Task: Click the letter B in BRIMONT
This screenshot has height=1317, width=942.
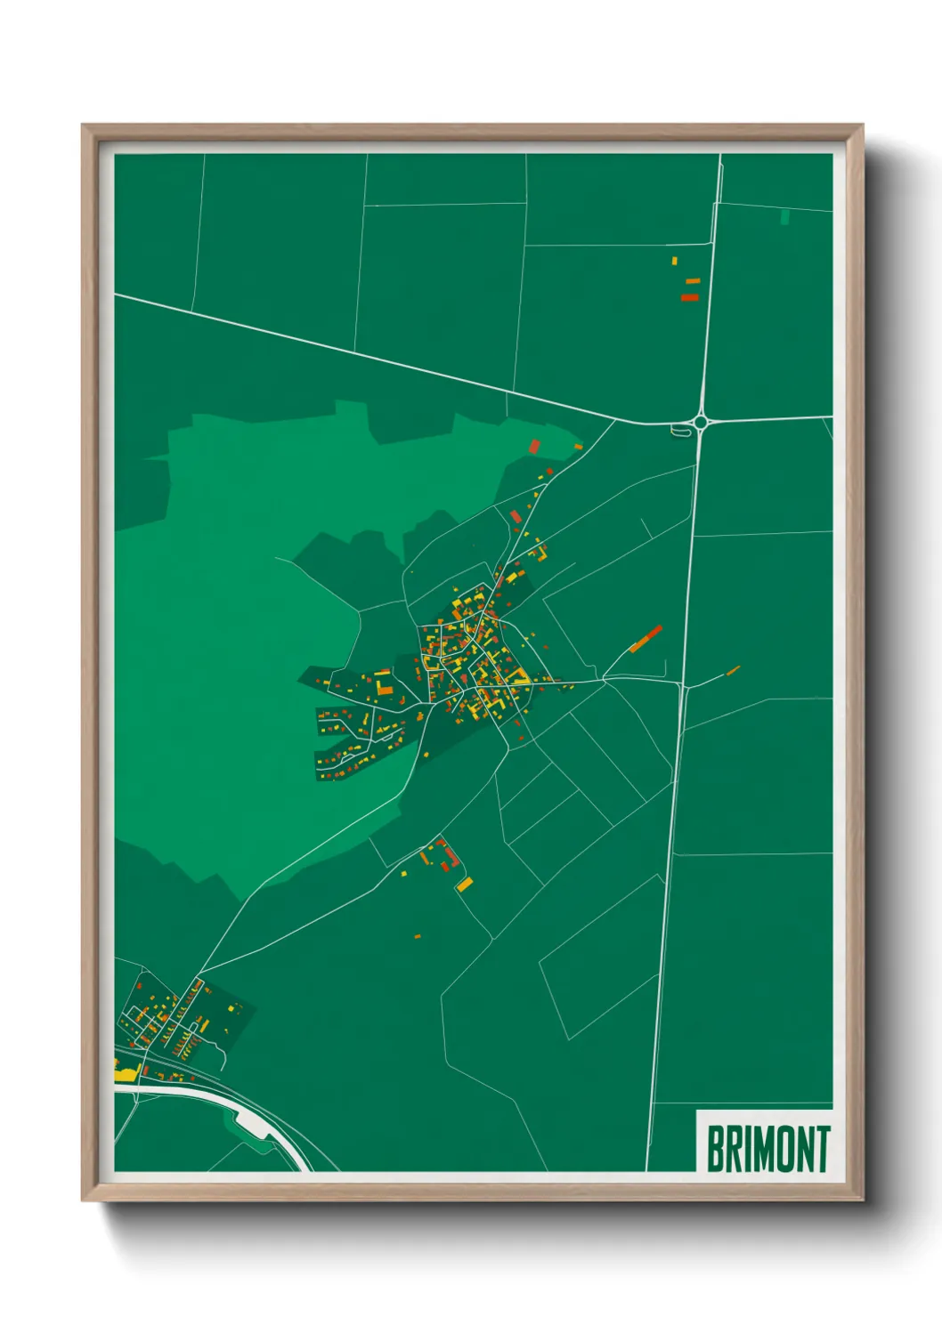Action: (715, 1149)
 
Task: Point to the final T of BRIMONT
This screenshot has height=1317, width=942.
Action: (823, 1149)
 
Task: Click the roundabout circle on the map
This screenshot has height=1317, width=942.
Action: (702, 422)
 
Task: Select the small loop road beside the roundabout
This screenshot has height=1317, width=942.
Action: (681, 432)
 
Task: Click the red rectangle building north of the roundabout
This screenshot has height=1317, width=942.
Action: (689, 297)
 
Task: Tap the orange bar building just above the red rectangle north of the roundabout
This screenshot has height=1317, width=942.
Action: (693, 281)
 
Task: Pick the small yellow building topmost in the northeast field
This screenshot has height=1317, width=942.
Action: (675, 261)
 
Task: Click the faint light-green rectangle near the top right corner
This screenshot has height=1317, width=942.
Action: (784, 216)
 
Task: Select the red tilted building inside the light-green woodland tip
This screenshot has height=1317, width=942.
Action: (535, 446)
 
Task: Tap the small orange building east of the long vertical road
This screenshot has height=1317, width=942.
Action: (734, 670)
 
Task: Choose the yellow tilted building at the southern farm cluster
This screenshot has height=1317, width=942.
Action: (465, 883)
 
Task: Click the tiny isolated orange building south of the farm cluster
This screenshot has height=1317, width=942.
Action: (417, 936)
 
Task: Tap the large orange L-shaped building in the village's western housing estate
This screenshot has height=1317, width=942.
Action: (384, 686)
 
